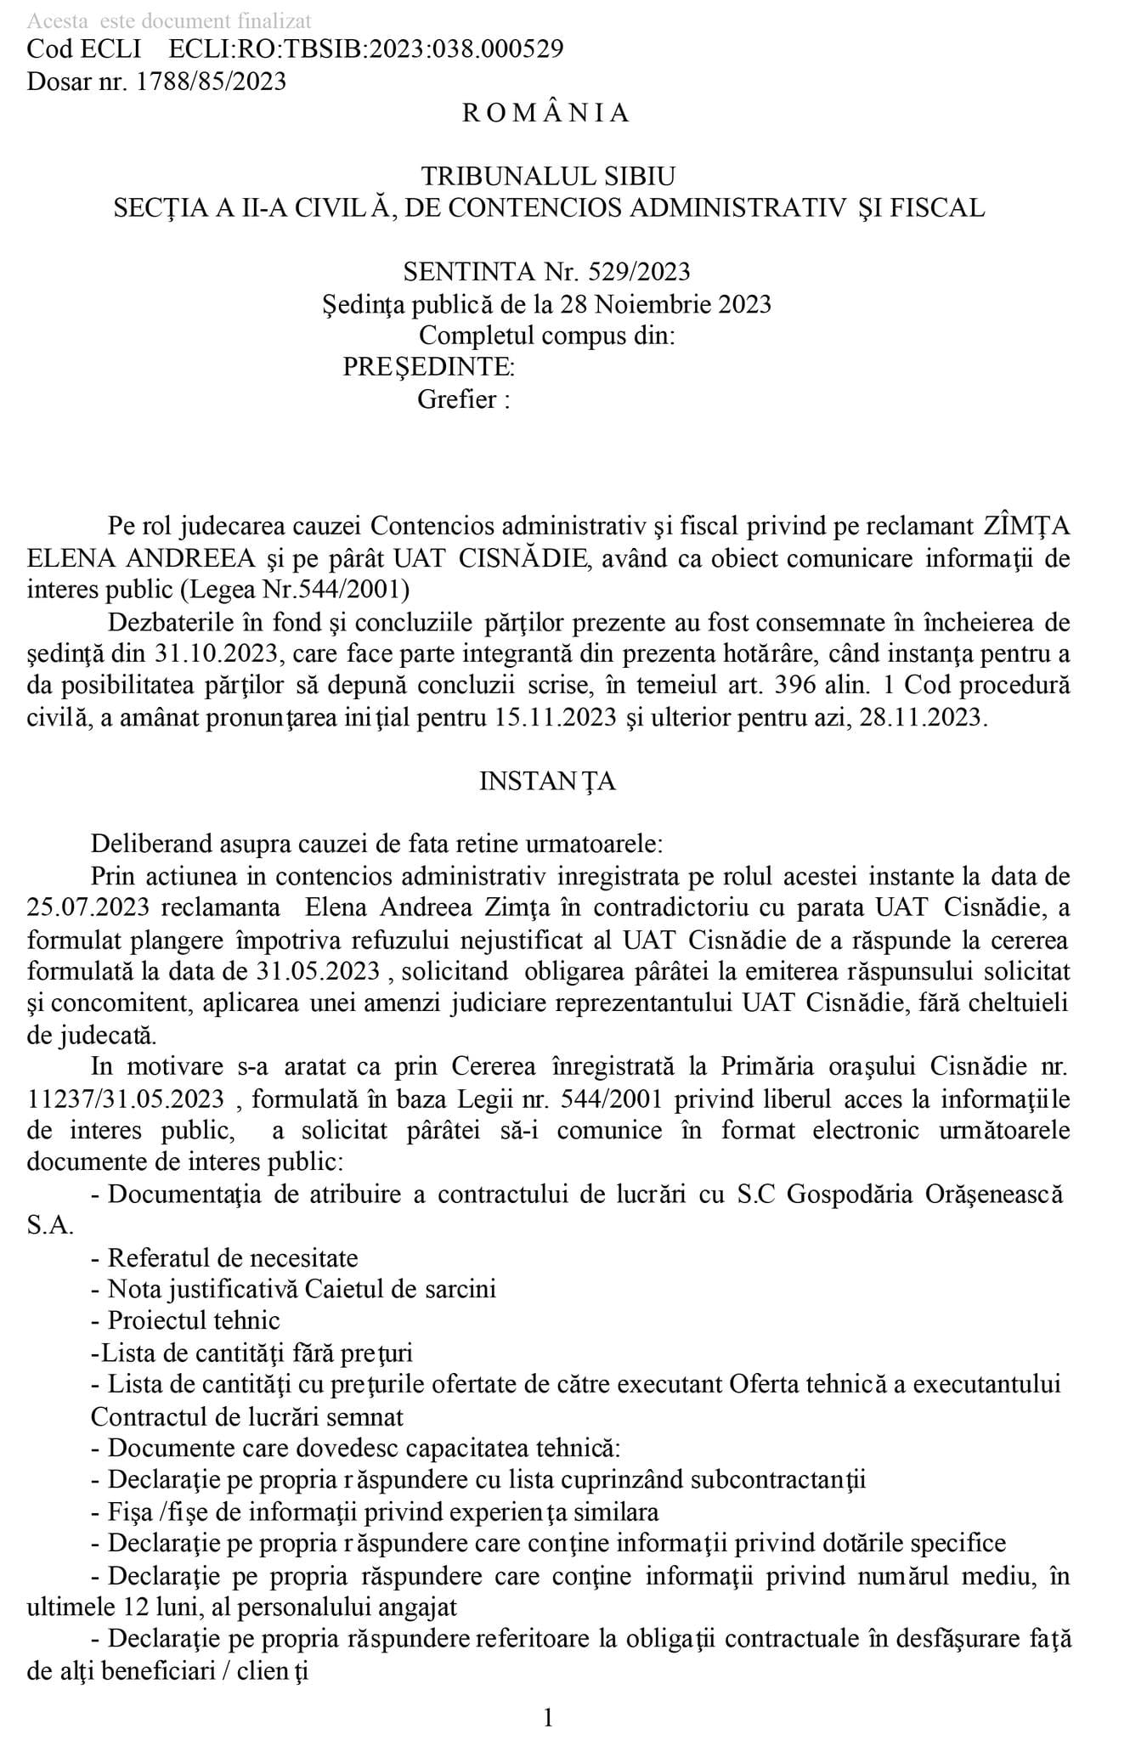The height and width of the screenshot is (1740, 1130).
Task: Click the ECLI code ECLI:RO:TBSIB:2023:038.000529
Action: point(366,49)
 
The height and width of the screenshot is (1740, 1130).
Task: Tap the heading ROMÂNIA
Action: point(546,113)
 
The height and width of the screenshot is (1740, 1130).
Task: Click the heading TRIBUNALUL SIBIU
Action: point(549,177)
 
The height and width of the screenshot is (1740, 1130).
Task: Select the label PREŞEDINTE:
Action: point(428,367)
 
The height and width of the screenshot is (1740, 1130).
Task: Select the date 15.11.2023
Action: point(555,718)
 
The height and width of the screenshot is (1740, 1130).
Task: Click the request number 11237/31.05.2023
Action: point(127,1099)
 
